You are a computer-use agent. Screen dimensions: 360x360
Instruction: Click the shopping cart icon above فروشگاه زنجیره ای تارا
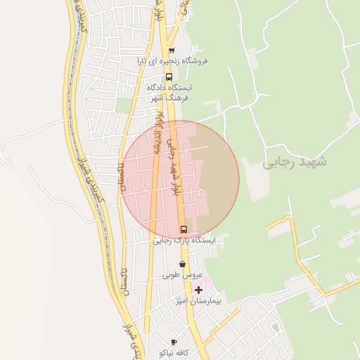click(171, 51)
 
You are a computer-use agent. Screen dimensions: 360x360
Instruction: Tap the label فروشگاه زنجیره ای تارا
click(173, 60)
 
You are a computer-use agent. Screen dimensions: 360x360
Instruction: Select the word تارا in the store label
click(143, 60)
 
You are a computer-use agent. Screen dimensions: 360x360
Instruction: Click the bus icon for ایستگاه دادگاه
click(169, 77)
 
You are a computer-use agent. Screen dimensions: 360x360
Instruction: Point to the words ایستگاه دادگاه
click(169, 88)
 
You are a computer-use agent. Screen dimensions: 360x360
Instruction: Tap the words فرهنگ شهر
click(169, 98)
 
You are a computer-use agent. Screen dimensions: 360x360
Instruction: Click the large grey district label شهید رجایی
click(295, 162)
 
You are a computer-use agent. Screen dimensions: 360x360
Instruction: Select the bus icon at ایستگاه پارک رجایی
click(184, 229)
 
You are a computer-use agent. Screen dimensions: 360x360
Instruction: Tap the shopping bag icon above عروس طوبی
click(183, 264)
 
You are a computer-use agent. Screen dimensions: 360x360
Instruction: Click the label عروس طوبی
click(183, 275)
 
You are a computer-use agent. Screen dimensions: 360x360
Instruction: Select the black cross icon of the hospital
click(198, 290)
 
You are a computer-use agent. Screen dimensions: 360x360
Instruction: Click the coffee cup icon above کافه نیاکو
click(174, 342)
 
